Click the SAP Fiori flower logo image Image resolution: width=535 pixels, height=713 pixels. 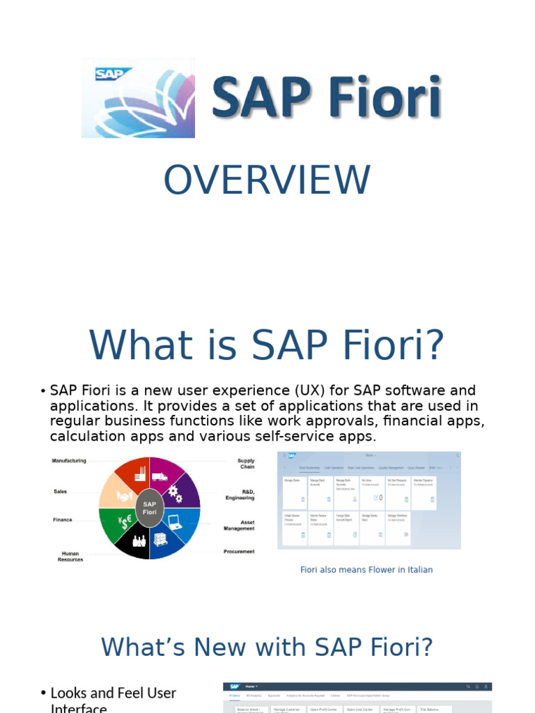[x=138, y=98]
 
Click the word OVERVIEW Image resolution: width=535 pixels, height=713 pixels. [x=267, y=180]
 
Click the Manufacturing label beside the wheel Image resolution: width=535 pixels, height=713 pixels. [x=69, y=461]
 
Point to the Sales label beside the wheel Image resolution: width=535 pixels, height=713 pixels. [x=61, y=492]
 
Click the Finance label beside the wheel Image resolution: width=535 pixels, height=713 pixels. [x=63, y=519]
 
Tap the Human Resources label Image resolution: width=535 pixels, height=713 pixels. [x=70, y=556]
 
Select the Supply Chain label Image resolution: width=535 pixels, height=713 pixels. [x=246, y=464]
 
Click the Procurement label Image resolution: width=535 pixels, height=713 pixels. [x=239, y=551]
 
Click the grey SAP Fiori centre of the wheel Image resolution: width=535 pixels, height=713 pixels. [x=150, y=508]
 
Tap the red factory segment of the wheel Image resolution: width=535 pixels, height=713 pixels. [x=134, y=475]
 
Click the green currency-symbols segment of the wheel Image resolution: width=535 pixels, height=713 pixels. [x=117, y=522]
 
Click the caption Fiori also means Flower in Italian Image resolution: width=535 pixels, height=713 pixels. [x=366, y=570]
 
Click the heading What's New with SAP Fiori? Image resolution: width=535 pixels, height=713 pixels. [x=267, y=647]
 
